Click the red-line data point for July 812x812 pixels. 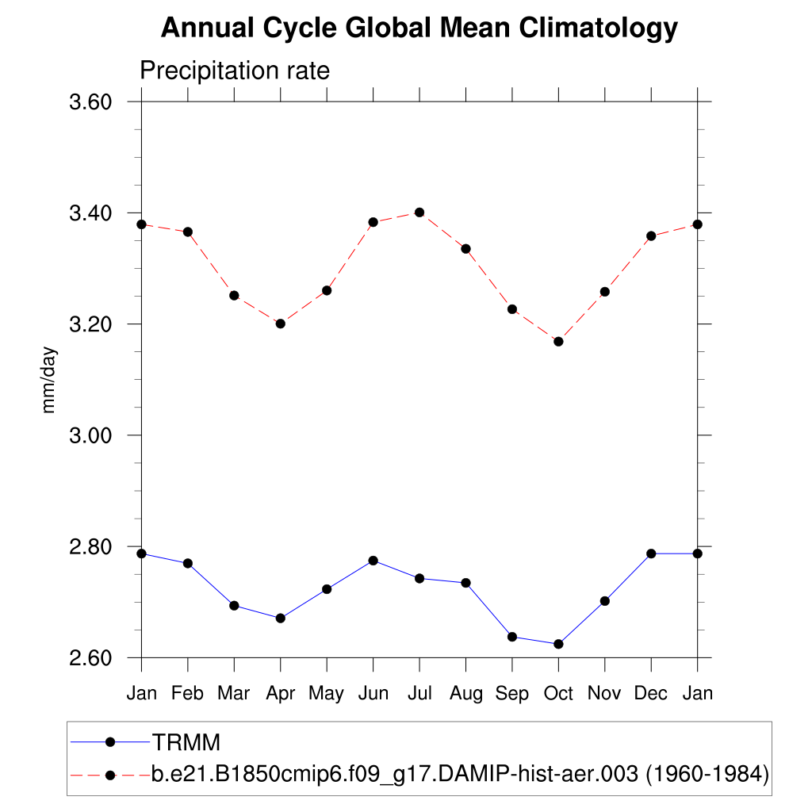(x=419, y=213)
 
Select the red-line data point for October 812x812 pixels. (x=558, y=342)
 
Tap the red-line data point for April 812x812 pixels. (x=280, y=324)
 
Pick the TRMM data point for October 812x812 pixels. (x=558, y=644)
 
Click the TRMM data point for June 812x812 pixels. (x=373, y=561)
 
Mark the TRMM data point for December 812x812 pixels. (x=651, y=553)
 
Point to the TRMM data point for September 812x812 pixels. (x=512, y=637)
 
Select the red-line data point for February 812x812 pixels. (x=188, y=232)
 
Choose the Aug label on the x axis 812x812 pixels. (x=465, y=694)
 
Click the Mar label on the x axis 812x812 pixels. (x=234, y=694)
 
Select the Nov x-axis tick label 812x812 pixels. (x=604, y=694)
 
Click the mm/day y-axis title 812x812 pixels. (x=49, y=380)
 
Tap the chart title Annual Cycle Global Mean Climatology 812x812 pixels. (x=419, y=29)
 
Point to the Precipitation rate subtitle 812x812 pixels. (x=234, y=71)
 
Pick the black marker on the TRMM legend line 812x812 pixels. (x=110, y=742)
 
